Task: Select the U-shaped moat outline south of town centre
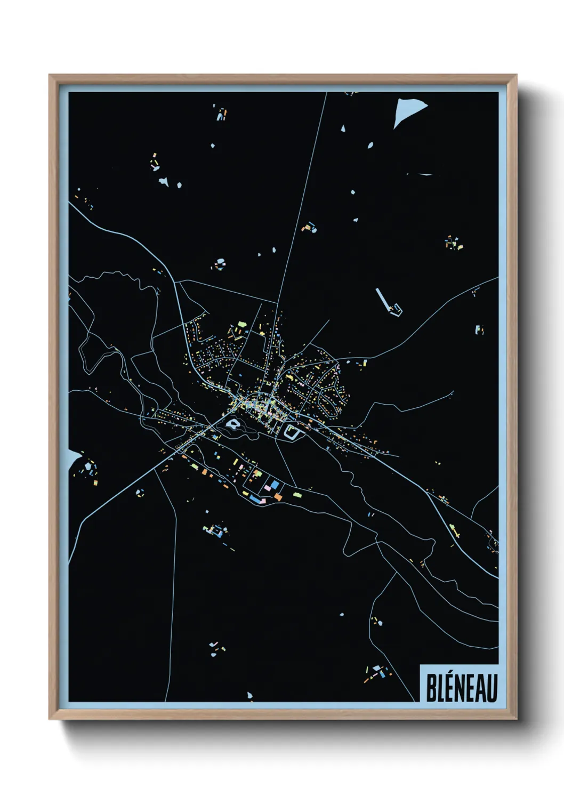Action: [x=292, y=432]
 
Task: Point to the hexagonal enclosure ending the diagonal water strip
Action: [x=396, y=309]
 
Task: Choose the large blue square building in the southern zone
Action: [x=275, y=484]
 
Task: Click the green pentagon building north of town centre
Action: [x=241, y=324]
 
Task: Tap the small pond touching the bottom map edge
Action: [x=249, y=695]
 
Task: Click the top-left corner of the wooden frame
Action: [x=50, y=76]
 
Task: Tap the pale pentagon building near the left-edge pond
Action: [x=88, y=467]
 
